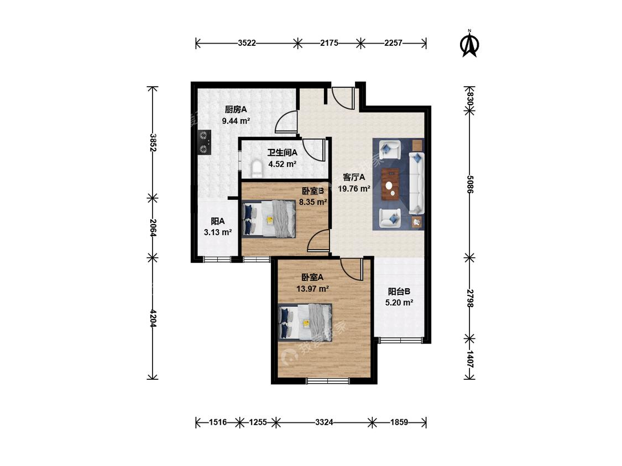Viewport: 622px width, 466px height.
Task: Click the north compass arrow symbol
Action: (469, 44)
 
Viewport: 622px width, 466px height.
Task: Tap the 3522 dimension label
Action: (247, 43)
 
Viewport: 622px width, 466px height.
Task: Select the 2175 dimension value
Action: (330, 43)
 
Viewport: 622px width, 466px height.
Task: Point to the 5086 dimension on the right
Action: (469, 184)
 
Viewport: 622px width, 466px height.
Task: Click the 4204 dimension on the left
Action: (153, 318)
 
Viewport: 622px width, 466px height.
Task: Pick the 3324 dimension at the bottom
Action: (324, 422)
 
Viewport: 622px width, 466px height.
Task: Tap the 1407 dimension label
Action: (469, 359)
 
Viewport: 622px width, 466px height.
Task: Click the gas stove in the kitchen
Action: (204, 142)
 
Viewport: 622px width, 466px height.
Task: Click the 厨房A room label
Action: (236, 109)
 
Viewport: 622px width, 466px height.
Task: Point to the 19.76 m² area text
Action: (354, 189)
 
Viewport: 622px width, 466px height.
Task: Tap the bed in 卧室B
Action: (269, 219)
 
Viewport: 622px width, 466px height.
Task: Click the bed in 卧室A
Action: (305, 322)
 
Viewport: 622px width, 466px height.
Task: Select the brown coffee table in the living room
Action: (391, 184)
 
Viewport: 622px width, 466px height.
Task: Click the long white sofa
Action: (416, 183)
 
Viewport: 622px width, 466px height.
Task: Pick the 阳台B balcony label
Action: (399, 292)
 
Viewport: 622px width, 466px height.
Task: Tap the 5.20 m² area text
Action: (399, 303)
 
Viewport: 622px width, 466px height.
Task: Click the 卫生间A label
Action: (282, 152)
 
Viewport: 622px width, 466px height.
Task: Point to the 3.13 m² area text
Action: (218, 232)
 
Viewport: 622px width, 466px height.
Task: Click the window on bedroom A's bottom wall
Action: (328, 381)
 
